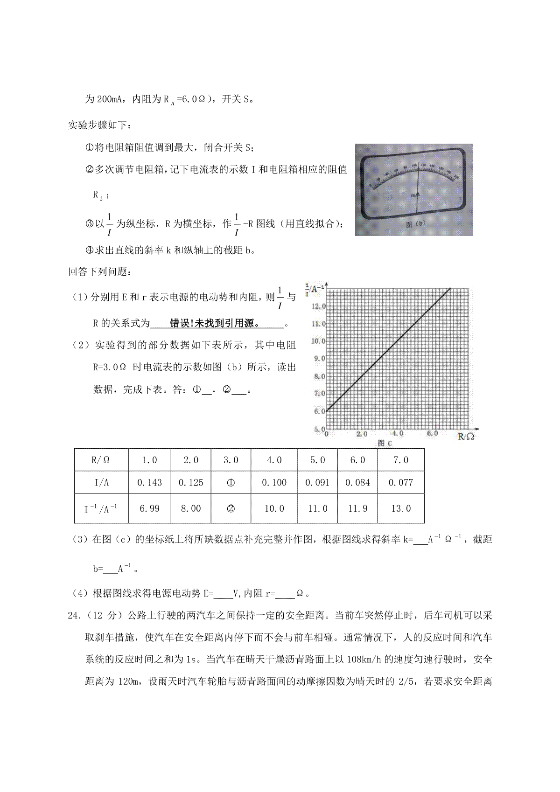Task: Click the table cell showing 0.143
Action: pos(150,483)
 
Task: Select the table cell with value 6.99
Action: pos(150,508)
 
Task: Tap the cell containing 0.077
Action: pos(401,483)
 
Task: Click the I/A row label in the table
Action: pos(101,483)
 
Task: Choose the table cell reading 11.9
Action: pos(358,508)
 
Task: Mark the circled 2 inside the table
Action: pos(231,509)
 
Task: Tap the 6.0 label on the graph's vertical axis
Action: pos(319,411)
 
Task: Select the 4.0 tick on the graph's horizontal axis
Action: pos(398,434)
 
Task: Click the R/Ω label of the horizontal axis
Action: pos(466,437)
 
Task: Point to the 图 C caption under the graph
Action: pos(385,444)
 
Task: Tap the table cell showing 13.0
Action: pos(401,508)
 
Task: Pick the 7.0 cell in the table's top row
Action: pos(401,460)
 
